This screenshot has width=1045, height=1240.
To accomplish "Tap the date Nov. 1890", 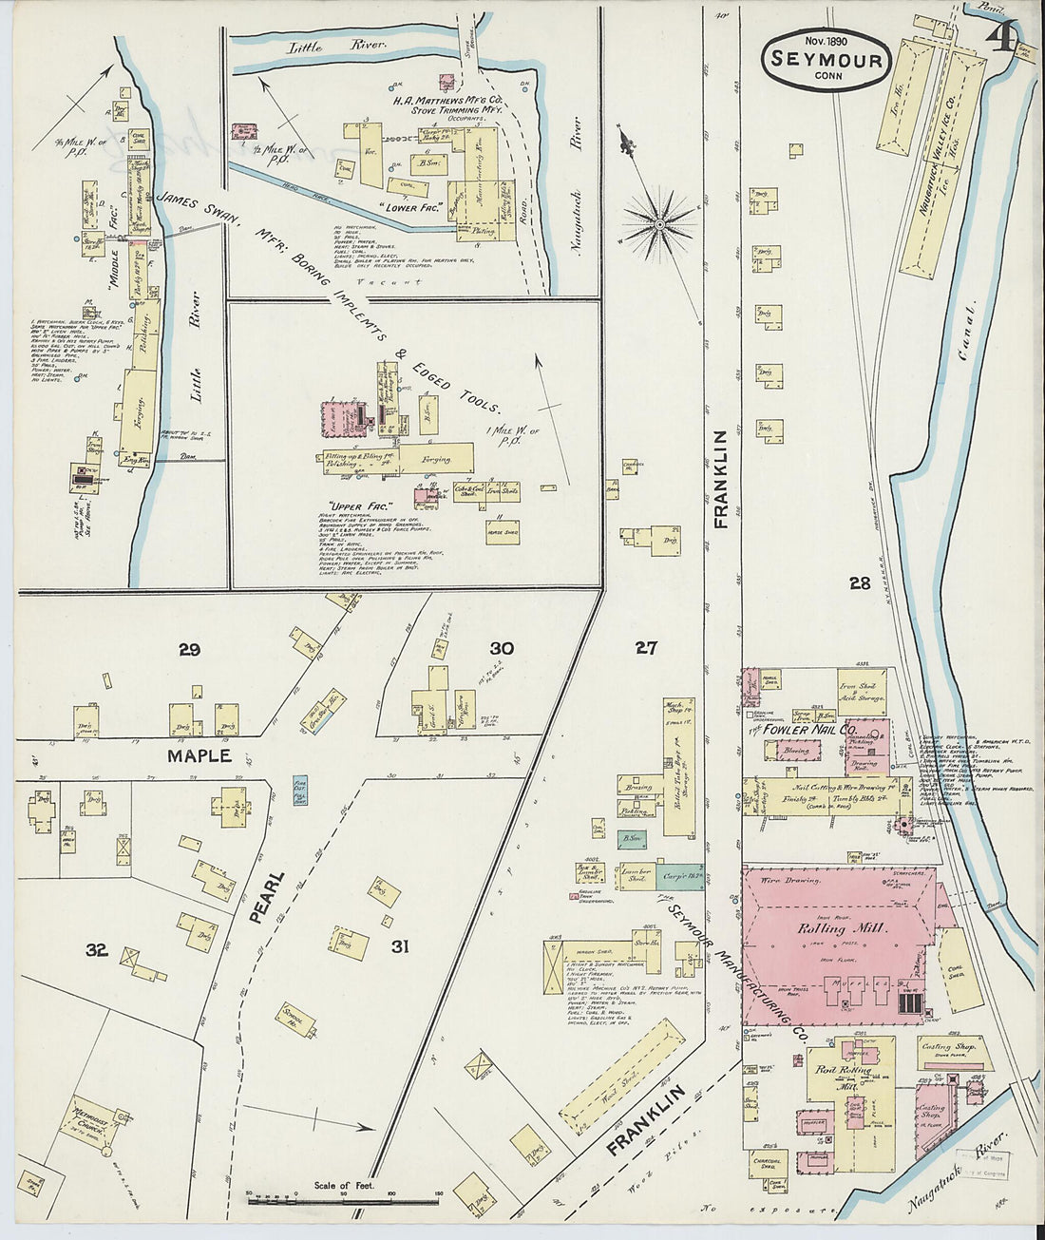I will pyautogui.click(x=826, y=41).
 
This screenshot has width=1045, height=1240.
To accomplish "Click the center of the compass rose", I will pyautogui.click(x=659, y=224).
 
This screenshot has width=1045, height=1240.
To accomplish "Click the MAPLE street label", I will pyautogui.click(x=199, y=755).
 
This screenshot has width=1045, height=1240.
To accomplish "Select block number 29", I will pyautogui.click(x=188, y=650).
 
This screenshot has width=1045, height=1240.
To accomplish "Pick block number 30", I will pyautogui.click(x=502, y=648).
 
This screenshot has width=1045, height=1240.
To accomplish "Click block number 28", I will pyautogui.click(x=860, y=583).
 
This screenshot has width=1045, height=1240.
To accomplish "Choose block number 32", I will pyautogui.click(x=96, y=947).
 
